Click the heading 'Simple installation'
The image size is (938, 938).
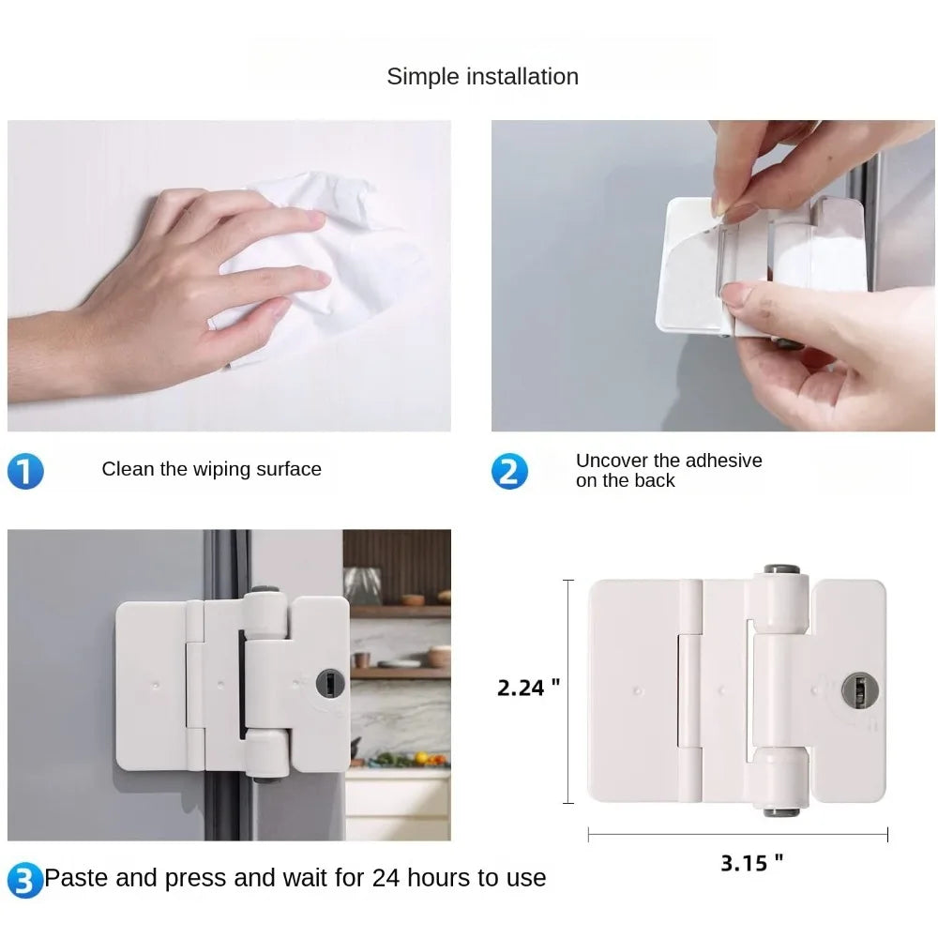coord(482,77)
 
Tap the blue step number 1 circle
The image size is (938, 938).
coord(25,471)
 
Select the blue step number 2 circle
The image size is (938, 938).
coord(509,471)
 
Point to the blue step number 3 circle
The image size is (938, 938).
coord(25,881)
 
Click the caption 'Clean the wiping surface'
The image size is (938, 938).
coord(211,469)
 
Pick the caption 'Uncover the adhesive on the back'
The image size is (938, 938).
coord(668,470)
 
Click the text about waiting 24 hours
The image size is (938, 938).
coord(295,878)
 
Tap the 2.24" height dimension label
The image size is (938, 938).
coord(528,688)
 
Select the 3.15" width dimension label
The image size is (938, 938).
coord(751,863)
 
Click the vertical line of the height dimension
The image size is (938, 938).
coord(568,691)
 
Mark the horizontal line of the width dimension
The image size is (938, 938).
coord(737,834)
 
